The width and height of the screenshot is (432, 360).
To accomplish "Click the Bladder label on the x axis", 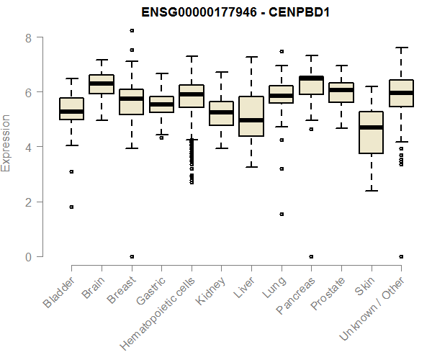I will coord(59,292).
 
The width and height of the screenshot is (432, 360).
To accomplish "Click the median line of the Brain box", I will coord(102,84).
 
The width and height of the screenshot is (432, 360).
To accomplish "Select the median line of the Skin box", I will coord(371,127).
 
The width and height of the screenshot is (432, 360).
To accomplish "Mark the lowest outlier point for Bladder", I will coord(71,207).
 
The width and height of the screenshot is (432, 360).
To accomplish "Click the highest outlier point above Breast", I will coord(131,30).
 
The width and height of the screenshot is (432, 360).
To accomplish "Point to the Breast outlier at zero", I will coord(131,256).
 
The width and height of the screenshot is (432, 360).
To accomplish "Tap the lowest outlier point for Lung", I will coord(281,214).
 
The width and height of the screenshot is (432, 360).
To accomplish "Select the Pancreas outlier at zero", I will coord(311,256).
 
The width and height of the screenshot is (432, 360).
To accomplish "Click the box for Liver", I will coord(251,116).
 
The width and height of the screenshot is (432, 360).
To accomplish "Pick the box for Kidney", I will coord(221,114).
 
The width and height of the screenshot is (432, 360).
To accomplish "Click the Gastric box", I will coord(161,104).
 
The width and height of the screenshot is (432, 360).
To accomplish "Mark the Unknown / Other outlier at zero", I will coord(401,256).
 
